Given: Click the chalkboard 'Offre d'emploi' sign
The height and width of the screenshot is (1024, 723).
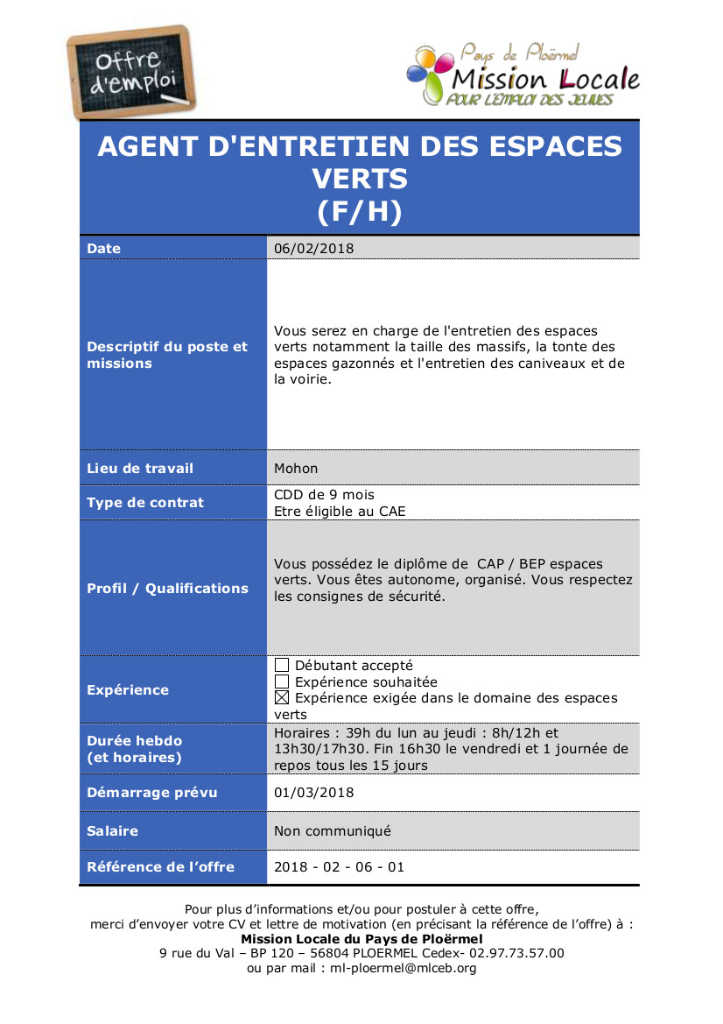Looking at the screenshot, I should [131, 72].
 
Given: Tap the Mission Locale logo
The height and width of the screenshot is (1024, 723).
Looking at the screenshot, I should [523, 76].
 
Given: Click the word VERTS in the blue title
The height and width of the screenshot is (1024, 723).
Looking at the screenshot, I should [360, 179].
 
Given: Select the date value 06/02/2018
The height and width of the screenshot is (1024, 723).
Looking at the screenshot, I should [314, 249].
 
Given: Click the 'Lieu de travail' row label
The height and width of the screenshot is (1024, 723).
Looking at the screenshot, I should [140, 469].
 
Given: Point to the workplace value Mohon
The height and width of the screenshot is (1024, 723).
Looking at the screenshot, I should [296, 469].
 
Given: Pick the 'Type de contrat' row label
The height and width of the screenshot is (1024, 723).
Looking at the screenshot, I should [145, 503].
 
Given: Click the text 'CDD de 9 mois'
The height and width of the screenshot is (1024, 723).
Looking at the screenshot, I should [324, 495].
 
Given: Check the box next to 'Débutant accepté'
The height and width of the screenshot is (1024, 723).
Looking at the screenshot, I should [282, 666].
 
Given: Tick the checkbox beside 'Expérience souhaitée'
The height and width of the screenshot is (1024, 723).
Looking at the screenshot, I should [282, 682].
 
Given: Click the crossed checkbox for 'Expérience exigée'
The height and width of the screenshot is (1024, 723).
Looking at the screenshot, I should [282, 698].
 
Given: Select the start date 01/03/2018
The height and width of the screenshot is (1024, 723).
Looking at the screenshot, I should [314, 793].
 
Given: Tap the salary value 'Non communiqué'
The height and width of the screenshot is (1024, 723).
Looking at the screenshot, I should [333, 831].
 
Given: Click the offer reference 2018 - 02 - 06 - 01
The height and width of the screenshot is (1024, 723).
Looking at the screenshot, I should [340, 867].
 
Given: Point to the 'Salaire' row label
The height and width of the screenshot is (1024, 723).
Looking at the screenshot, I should [113, 831].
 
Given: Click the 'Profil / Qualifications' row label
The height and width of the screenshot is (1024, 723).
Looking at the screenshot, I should [168, 589].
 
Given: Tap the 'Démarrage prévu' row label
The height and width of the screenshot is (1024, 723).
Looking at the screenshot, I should [152, 793].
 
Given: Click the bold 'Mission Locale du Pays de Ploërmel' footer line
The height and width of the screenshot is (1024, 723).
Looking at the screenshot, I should [361, 939].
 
